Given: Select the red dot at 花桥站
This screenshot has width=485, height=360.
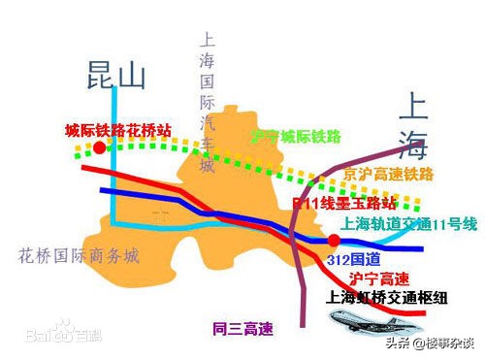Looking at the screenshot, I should pos(100,147).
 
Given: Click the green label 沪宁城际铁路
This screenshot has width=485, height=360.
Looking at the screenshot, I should pos(295,138).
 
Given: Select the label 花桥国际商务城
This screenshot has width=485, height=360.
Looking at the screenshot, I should pos(80,256).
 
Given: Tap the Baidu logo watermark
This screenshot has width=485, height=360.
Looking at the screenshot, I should pos(49,336).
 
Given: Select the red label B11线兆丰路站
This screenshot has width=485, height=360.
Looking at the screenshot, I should pos(345,205).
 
